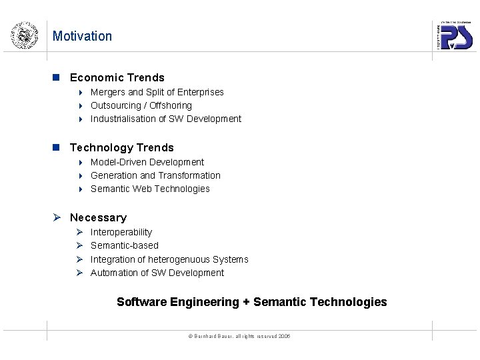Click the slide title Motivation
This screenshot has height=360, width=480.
(82, 36)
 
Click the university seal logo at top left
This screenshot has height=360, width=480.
(23, 35)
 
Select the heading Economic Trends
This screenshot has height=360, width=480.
(117, 77)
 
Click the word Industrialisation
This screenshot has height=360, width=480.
(123, 119)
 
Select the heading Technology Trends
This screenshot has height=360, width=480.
(121, 147)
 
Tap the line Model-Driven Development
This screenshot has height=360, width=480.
(147, 162)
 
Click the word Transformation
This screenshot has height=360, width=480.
(189, 175)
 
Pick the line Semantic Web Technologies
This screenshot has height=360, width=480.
(150, 189)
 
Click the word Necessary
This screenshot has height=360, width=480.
(98, 217)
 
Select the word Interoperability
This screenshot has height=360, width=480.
(121, 232)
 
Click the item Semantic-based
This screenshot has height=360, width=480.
(124, 245)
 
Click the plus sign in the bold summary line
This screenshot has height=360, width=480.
(246, 302)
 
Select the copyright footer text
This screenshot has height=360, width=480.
(239, 336)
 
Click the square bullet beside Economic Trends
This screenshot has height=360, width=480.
(57, 77)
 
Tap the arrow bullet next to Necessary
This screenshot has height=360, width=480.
(58, 217)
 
